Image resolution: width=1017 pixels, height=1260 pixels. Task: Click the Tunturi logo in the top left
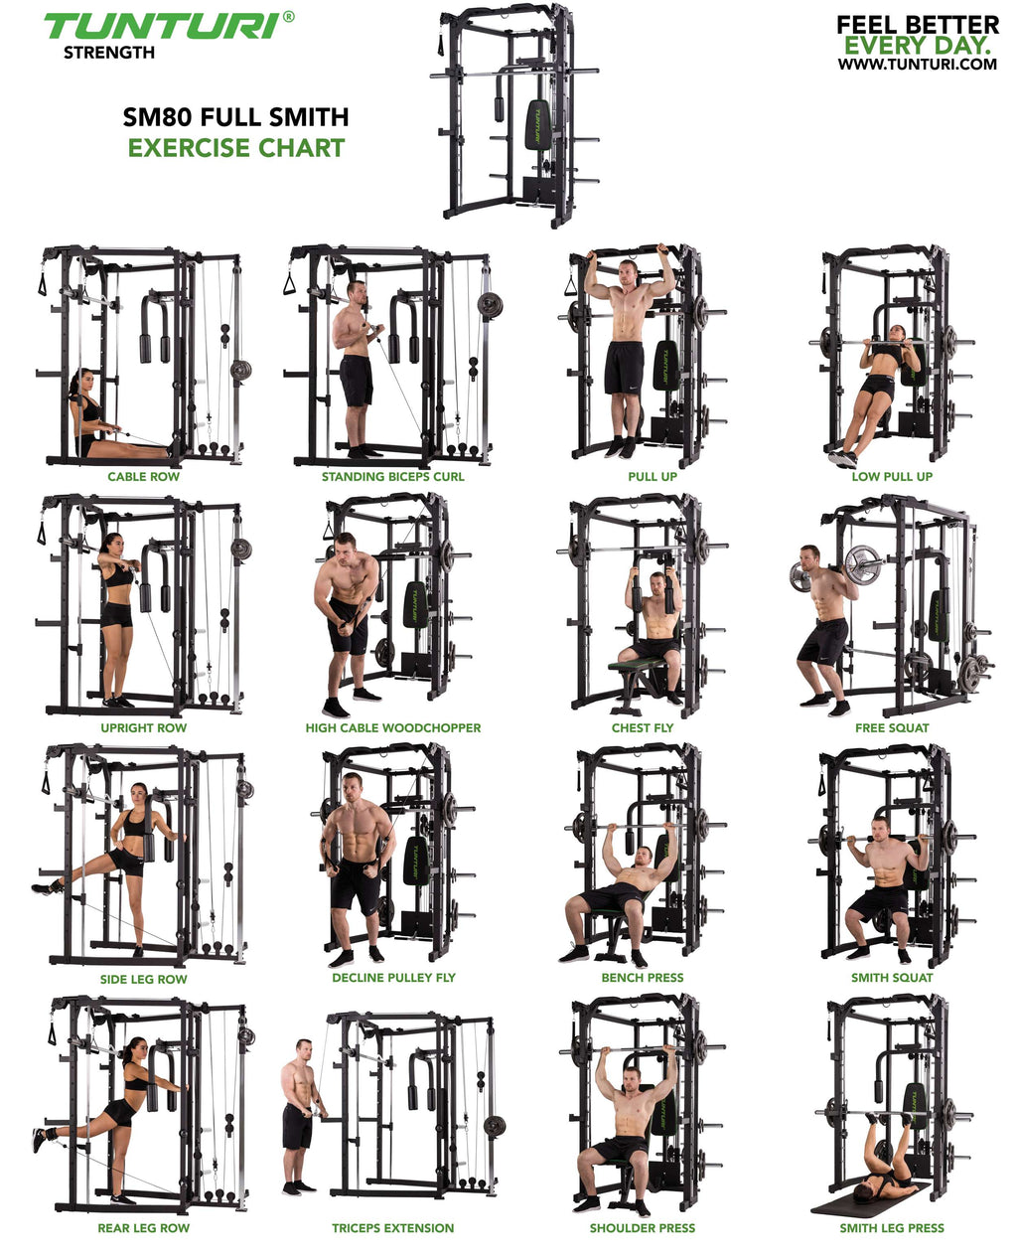[x=169, y=26]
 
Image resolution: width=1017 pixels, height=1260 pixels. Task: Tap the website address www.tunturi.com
[x=917, y=64]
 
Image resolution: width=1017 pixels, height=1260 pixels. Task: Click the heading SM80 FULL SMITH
[x=235, y=117]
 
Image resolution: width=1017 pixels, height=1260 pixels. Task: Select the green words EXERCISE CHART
[x=236, y=148]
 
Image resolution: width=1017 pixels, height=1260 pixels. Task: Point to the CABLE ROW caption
[x=143, y=477]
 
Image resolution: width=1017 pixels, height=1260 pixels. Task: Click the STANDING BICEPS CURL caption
[x=392, y=477]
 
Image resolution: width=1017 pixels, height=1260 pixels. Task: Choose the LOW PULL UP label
[x=892, y=477]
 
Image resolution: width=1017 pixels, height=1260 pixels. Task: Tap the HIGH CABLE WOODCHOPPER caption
[x=392, y=728]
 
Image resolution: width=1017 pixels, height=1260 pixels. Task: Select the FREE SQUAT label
[x=892, y=728]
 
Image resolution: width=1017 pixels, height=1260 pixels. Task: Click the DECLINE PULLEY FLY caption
[x=393, y=978]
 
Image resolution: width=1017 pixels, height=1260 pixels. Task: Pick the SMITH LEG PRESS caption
[x=892, y=1228]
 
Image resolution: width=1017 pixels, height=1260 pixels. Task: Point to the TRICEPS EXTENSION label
[x=392, y=1228]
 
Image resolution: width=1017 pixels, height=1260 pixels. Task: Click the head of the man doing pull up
[x=628, y=271]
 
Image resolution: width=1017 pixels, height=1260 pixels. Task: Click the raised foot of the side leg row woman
[x=46, y=888]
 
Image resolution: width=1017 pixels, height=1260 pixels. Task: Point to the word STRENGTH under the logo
[x=109, y=53]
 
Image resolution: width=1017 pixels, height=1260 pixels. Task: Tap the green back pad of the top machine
[x=538, y=125]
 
